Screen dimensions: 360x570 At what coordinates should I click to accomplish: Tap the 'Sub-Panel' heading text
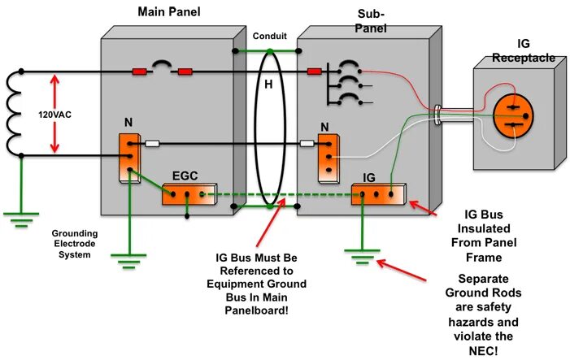371,21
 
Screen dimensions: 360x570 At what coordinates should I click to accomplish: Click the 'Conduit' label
269,37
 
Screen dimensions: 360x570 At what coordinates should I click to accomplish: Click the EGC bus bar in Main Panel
186,194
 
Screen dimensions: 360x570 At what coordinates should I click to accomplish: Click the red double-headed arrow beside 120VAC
54,114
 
